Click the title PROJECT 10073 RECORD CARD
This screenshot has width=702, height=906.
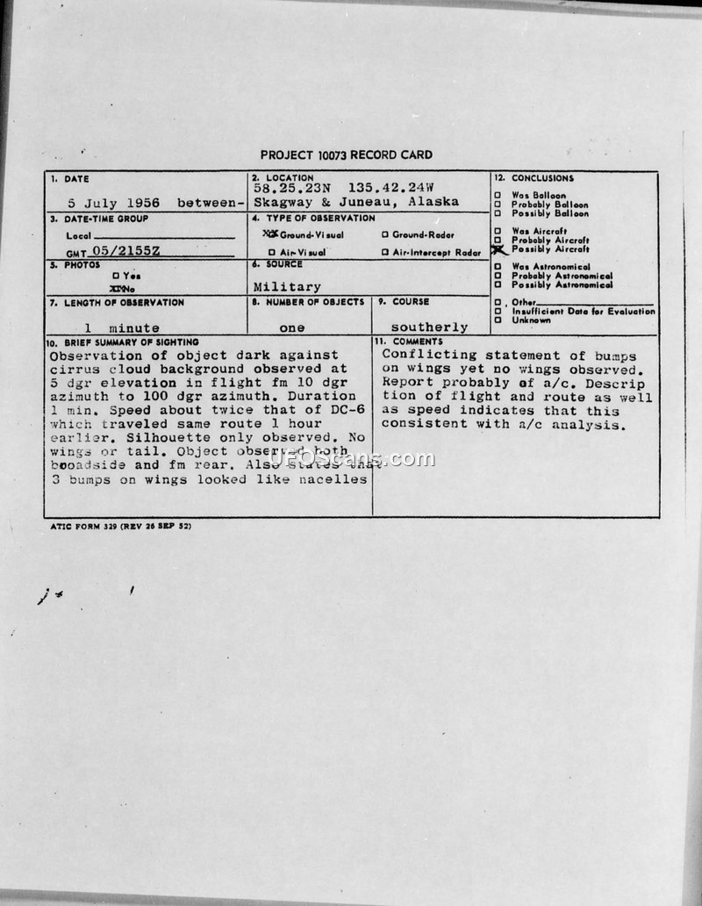click(x=347, y=155)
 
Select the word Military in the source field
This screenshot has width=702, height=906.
click(x=287, y=286)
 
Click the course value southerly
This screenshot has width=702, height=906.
click(x=430, y=327)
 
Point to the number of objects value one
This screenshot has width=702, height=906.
click(x=291, y=327)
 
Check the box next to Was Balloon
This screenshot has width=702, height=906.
click(x=498, y=196)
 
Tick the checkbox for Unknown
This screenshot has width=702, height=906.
click(x=498, y=320)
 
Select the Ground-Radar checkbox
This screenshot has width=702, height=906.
click(x=385, y=235)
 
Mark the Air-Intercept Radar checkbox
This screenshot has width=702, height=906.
click(x=385, y=253)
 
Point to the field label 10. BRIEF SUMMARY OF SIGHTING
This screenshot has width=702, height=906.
click(x=123, y=342)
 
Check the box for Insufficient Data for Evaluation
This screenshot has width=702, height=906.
click(x=498, y=312)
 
